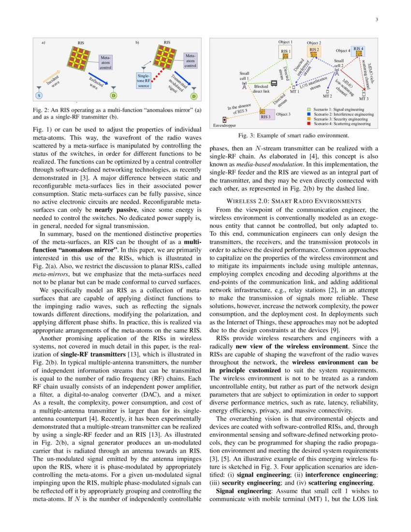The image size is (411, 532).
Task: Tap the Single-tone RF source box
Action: pyautogui.click(x=144, y=80)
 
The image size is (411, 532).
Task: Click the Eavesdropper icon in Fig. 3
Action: pyautogui.click(x=224, y=119)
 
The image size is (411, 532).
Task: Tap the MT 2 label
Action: pyautogui.click(x=327, y=96)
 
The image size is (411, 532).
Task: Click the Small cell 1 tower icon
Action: pyautogui.click(x=244, y=86)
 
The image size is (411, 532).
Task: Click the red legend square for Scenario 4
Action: pyautogui.click(x=309, y=124)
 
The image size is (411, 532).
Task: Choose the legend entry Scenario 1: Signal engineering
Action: pyautogui.click(x=338, y=109)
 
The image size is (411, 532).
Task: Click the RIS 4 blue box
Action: pyautogui.click(x=358, y=50)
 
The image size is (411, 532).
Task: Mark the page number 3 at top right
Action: pyautogui.click(x=376, y=20)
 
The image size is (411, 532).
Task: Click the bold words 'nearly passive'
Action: pyautogui.click(x=113, y=210)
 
